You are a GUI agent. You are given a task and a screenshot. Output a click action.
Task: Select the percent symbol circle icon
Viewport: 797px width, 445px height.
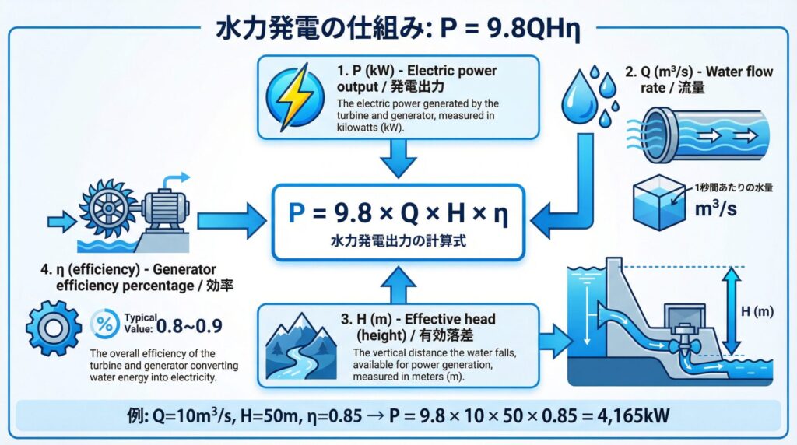(105, 323)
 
